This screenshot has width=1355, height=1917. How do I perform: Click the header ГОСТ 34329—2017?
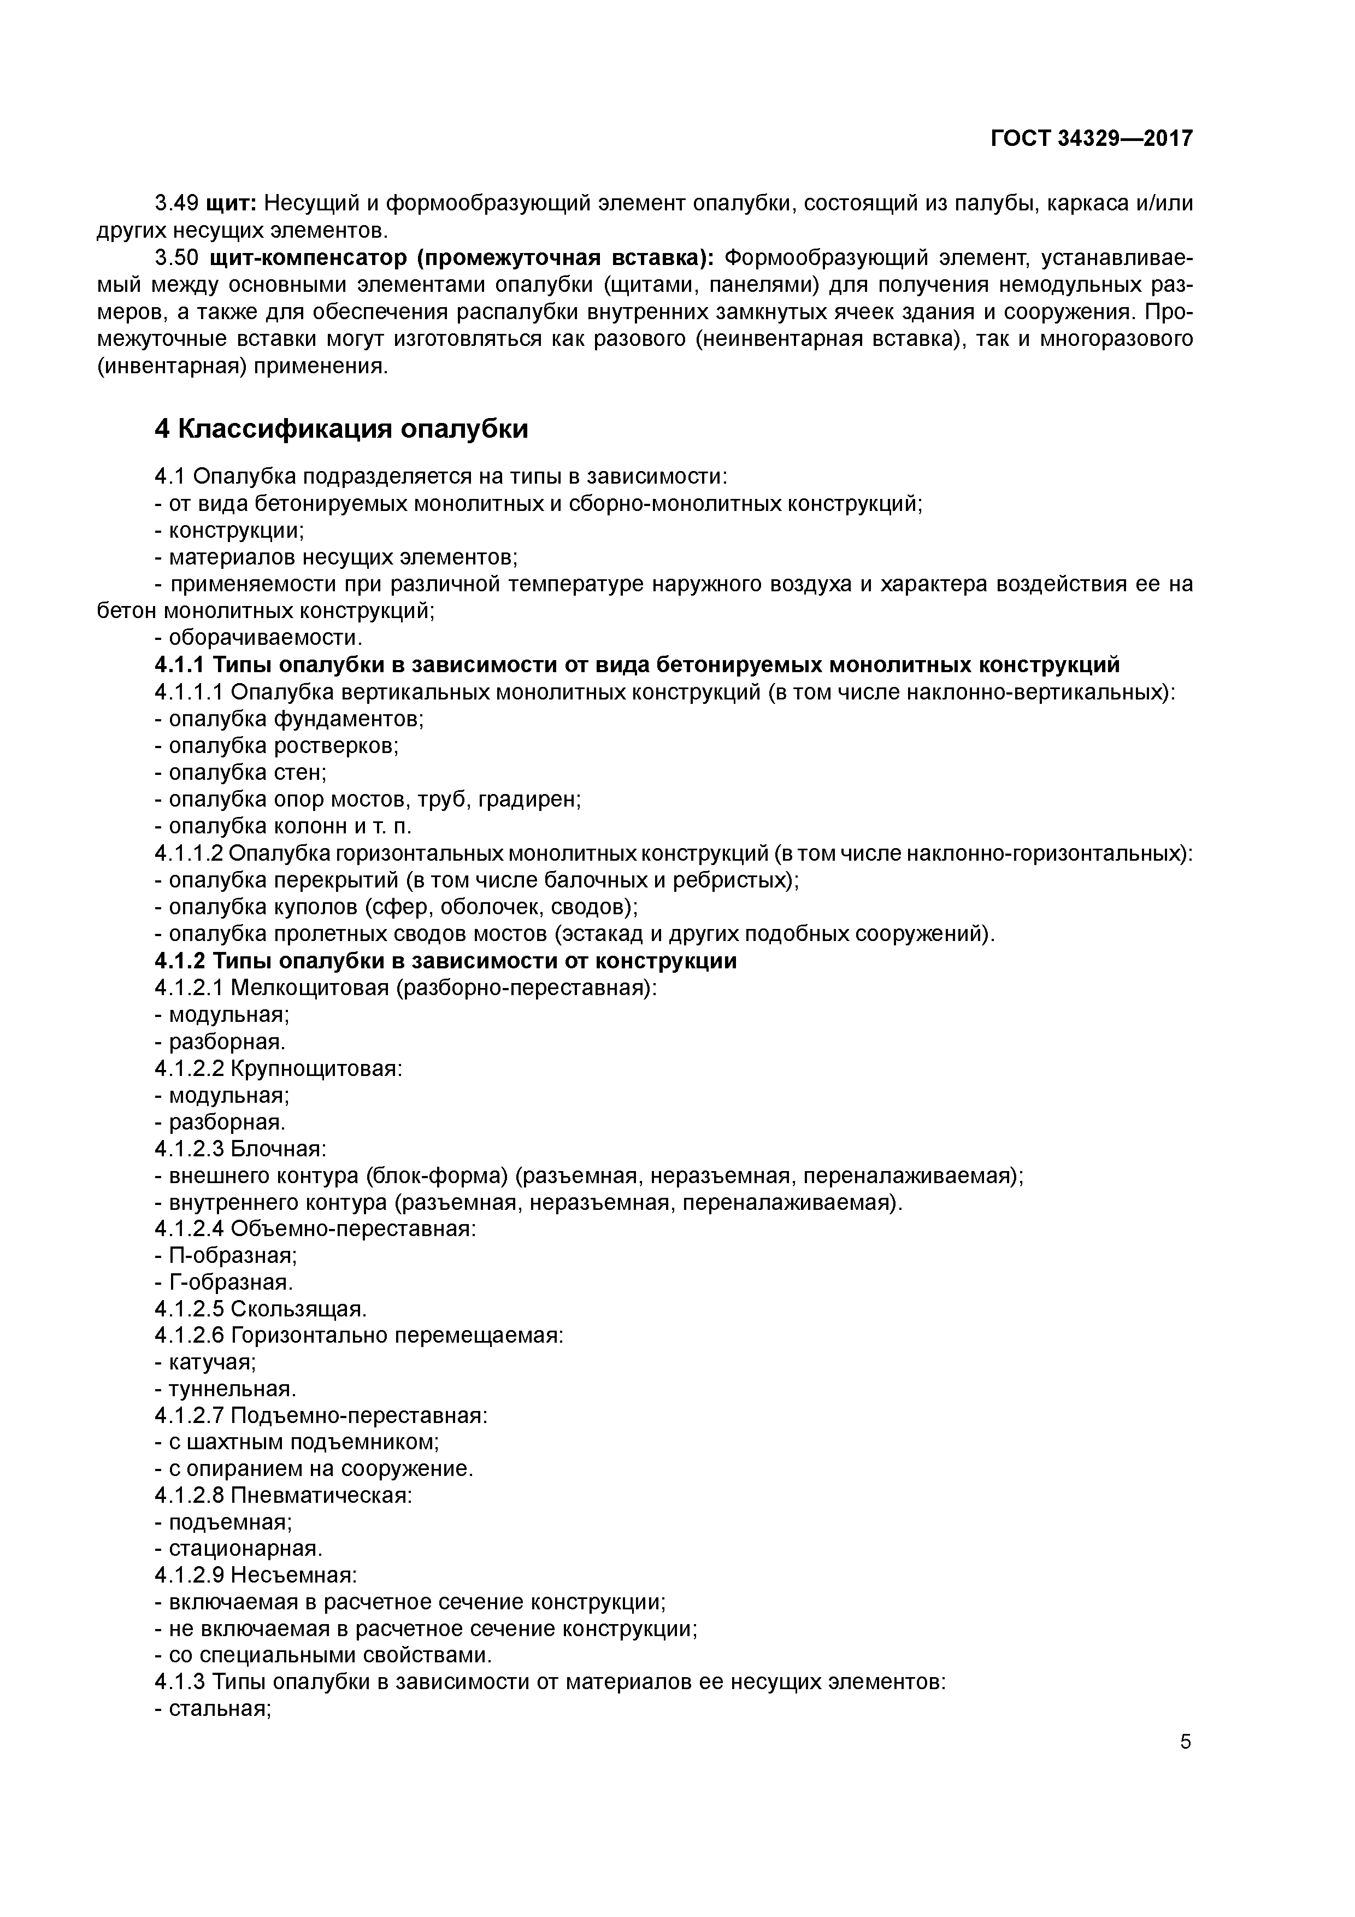click(x=1091, y=139)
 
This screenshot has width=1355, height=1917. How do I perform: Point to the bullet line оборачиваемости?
click(x=266, y=637)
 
